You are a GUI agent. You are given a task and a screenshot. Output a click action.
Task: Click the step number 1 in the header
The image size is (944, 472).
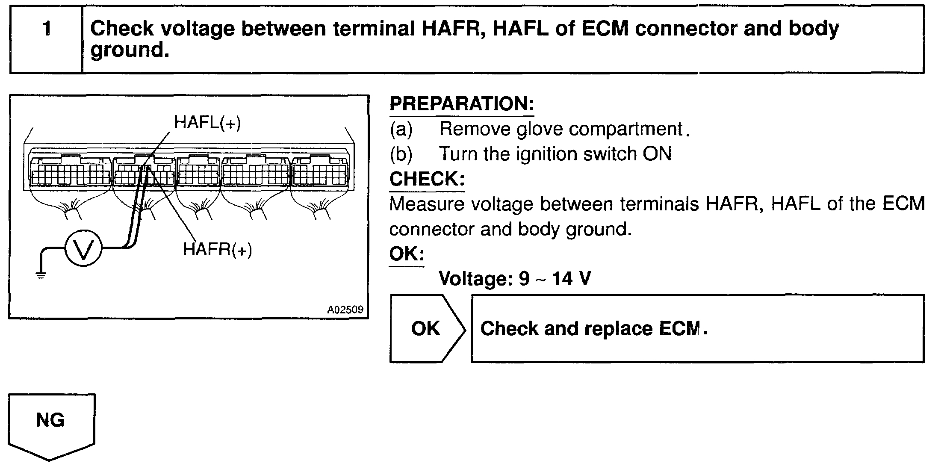pyautogui.click(x=47, y=29)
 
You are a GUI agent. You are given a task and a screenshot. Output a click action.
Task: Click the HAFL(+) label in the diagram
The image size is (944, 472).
pyautogui.click(x=207, y=123)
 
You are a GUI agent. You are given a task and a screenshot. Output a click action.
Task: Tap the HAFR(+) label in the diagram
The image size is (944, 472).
pyautogui.click(x=217, y=249)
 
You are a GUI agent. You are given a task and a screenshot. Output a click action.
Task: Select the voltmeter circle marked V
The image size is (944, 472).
pyautogui.click(x=83, y=248)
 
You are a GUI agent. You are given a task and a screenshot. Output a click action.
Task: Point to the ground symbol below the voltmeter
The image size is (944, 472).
pyautogui.click(x=41, y=274)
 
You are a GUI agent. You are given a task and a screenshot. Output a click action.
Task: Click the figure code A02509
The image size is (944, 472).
pyautogui.click(x=345, y=310)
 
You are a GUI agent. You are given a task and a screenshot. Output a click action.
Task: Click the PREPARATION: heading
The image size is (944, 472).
pyautogui.click(x=462, y=104)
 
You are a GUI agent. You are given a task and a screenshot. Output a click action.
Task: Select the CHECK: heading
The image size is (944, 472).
pyautogui.click(x=427, y=179)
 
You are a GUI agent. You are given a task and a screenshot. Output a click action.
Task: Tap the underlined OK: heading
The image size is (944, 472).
pyautogui.click(x=407, y=254)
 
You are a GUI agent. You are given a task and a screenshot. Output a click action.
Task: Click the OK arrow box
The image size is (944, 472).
pyautogui.click(x=426, y=328)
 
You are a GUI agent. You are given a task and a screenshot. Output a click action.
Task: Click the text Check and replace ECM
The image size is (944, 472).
pyautogui.click(x=594, y=328)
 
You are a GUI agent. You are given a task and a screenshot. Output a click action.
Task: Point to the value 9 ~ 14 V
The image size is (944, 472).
pyautogui.click(x=555, y=279)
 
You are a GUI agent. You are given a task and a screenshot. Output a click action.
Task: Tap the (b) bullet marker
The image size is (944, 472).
pyautogui.click(x=401, y=154)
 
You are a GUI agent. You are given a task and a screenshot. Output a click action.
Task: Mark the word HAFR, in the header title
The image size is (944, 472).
pyautogui.click(x=454, y=29)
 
